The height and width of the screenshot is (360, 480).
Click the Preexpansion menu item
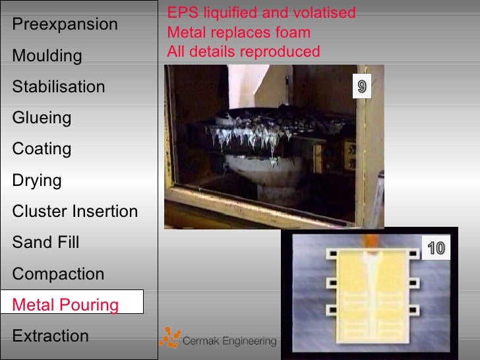(x=65, y=24)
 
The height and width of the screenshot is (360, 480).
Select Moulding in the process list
(x=47, y=56)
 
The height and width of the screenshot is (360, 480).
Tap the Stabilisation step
(x=58, y=87)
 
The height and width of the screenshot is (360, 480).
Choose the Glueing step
(x=42, y=118)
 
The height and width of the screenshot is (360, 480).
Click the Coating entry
(x=42, y=149)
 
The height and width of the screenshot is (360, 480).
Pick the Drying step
(x=37, y=180)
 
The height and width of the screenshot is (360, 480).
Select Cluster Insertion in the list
(x=75, y=212)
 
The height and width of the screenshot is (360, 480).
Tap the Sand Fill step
(x=45, y=243)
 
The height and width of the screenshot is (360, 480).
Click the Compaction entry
(x=58, y=274)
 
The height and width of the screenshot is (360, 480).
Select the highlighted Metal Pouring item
(x=65, y=305)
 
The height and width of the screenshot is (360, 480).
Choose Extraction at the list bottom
(x=50, y=336)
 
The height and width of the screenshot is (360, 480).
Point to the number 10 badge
(x=436, y=249)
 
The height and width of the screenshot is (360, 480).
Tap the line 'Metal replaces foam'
(x=239, y=32)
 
